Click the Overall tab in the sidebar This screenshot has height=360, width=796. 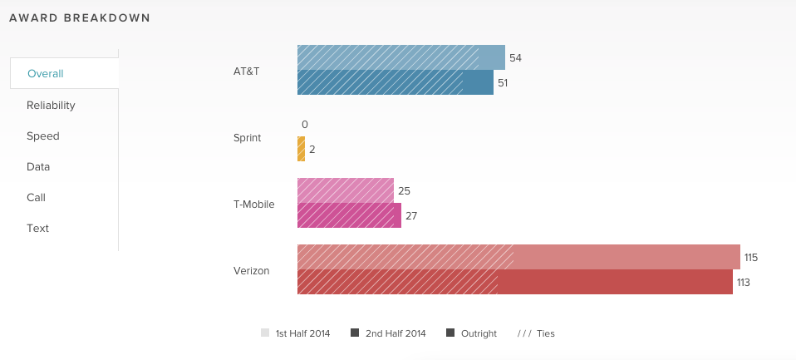(46, 74)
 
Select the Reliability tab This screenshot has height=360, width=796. (51, 106)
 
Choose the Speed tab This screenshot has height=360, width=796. (42, 136)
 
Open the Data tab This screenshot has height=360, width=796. (38, 167)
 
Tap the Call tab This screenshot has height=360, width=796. (36, 198)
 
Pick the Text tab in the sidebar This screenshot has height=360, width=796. (37, 229)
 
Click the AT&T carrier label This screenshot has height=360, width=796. (247, 72)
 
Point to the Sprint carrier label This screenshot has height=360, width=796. (248, 138)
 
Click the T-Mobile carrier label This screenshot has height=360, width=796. (253, 205)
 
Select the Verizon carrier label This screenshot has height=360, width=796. (251, 271)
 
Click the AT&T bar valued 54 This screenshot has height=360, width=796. (400, 57)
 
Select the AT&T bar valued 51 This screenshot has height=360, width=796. (395, 82)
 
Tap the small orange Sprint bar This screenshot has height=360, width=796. (301, 149)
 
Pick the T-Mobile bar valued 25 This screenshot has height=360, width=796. (345, 190)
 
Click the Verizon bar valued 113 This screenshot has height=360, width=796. (514, 282)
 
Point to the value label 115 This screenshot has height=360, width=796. (751, 258)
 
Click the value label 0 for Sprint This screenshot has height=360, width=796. (305, 125)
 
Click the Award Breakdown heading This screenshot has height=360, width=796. (80, 17)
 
